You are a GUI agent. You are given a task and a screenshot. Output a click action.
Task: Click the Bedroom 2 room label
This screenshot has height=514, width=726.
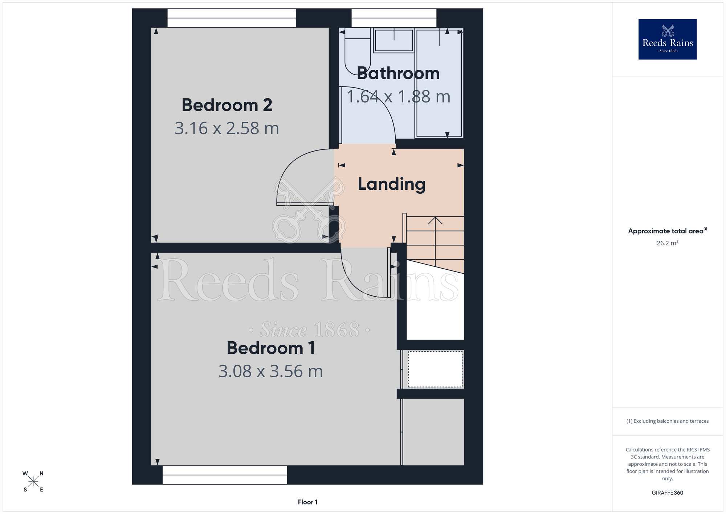click(227, 105)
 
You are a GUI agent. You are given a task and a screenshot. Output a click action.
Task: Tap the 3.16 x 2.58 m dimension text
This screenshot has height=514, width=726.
click(227, 128)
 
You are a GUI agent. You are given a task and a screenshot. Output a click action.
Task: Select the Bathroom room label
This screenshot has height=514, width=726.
click(398, 73)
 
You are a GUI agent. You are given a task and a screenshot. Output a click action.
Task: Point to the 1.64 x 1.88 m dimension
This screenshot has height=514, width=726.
click(398, 97)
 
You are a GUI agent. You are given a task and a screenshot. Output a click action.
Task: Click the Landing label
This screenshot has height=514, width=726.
click(392, 184)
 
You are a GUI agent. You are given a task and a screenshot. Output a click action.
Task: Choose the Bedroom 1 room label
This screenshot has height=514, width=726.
click(271, 348)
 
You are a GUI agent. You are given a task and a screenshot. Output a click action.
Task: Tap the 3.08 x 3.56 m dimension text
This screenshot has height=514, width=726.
click(271, 372)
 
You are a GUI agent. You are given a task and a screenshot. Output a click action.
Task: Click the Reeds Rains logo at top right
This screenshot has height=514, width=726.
click(668, 39)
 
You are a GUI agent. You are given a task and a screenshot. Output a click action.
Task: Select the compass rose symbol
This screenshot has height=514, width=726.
click(33, 482)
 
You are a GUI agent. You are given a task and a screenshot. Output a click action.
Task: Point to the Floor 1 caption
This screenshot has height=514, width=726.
click(307, 502)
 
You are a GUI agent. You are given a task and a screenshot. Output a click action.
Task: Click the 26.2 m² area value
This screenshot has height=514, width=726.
click(668, 243)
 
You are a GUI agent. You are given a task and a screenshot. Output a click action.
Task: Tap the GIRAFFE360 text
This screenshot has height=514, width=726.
click(668, 493)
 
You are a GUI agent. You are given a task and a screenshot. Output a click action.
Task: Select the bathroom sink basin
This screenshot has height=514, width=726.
click(394, 40)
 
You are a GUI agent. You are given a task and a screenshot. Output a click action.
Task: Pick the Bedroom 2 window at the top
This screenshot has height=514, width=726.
click(232, 18)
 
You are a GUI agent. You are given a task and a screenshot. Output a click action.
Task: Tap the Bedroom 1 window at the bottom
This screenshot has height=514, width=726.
click(225, 475)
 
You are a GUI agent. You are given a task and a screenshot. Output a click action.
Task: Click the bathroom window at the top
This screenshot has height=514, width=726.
click(394, 18)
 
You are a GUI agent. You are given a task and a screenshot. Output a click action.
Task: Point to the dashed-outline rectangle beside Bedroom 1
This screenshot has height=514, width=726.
click(435, 369)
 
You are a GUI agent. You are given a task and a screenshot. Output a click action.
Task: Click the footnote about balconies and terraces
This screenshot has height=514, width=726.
click(668, 421)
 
